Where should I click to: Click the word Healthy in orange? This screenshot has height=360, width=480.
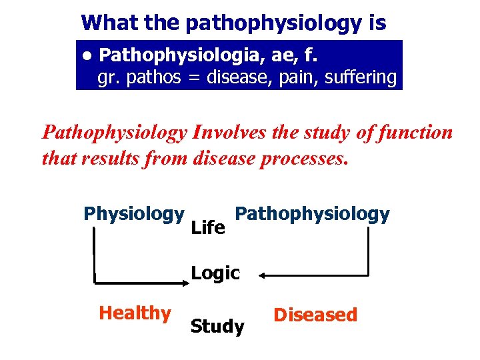click(x=134, y=313)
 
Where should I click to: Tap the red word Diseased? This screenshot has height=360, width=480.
click(x=315, y=315)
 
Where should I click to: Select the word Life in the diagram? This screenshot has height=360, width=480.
click(x=207, y=229)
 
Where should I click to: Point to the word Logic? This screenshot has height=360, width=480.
click(x=215, y=273)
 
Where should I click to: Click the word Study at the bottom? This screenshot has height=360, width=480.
click(x=217, y=327)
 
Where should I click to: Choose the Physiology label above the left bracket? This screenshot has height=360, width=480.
click(x=133, y=213)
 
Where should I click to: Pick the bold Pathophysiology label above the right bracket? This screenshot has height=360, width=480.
click(x=313, y=214)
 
